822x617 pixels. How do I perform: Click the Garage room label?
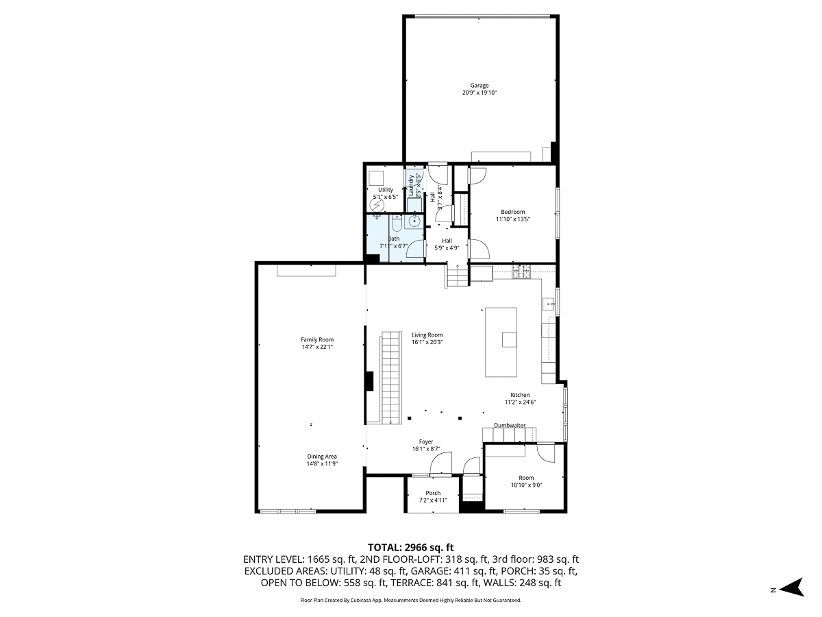480,86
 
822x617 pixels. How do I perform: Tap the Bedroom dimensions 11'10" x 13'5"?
513,219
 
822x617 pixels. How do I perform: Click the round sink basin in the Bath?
414,221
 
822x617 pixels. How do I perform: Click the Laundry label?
412,185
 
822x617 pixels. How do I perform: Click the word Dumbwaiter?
510,426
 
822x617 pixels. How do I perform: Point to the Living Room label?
427,335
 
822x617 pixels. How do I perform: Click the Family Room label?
317,339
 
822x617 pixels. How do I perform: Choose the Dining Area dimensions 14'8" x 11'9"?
322,463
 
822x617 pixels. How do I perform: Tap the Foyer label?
426,441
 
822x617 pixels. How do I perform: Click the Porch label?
433,493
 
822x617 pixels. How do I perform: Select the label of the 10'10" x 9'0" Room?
525,478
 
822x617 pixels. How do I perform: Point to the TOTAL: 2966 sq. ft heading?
411,547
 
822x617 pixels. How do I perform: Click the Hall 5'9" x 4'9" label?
447,241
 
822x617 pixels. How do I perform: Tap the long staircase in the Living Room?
390,377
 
